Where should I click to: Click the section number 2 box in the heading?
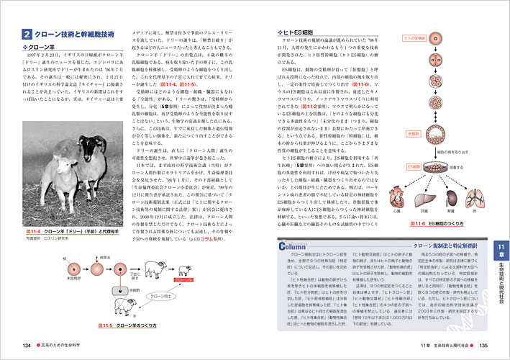coord(26,33)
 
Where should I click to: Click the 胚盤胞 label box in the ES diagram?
coord(413,134)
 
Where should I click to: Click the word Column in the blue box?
coord(295,246)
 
